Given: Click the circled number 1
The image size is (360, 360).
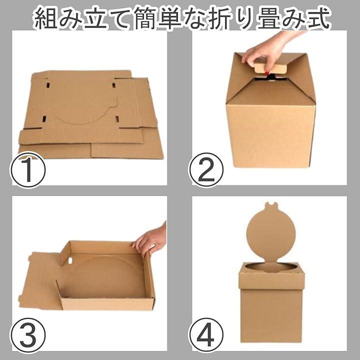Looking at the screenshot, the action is click(28, 170).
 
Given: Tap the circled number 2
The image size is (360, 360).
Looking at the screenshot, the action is click(206, 170).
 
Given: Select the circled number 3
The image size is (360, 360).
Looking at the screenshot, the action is click(28, 335).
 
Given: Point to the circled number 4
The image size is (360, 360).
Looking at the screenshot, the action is click(206, 335).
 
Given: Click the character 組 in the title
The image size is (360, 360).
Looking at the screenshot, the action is click(45, 18).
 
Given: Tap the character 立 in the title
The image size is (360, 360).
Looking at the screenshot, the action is click(95, 18).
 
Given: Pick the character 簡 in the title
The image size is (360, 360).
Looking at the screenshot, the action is click(145, 18).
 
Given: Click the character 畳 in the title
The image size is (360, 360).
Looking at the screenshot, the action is click(269, 18).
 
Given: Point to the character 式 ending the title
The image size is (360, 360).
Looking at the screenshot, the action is click(318, 18).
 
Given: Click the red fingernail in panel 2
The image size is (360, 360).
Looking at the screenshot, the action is click(267, 73).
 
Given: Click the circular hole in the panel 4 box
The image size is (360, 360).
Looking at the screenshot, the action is click(271, 268).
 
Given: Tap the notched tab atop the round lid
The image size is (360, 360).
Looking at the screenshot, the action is click(270, 205).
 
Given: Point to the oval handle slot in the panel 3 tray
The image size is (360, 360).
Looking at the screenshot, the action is click(70, 260).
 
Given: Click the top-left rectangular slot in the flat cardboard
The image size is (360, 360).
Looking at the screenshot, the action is click(48, 84).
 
